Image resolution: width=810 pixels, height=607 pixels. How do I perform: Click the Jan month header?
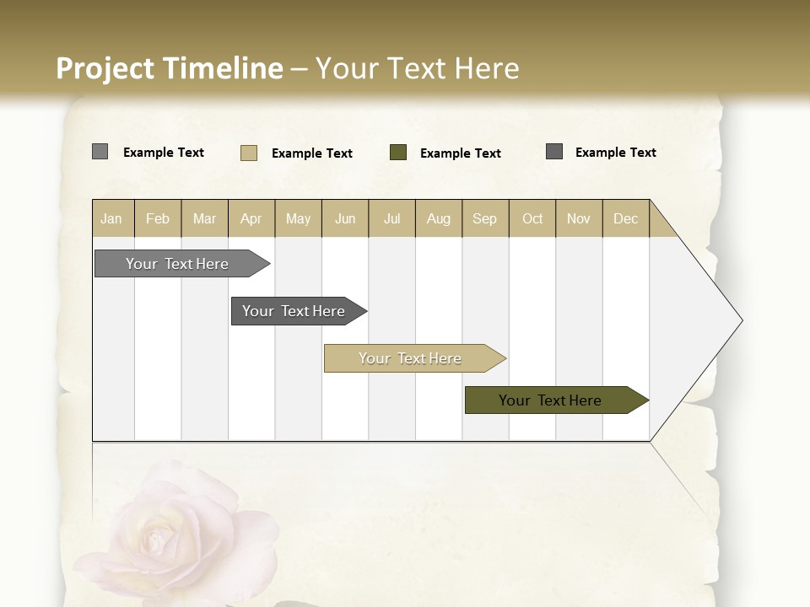[112, 218]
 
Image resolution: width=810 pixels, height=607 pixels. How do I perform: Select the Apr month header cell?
[251, 218]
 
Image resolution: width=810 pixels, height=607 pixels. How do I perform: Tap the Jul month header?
[391, 218]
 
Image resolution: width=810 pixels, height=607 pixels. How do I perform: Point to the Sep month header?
[485, 218]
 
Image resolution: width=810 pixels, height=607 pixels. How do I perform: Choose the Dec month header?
[625, 218]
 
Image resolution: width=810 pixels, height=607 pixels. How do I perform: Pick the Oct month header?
[532, 218]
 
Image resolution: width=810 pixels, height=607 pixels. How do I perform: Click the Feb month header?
[158, 218]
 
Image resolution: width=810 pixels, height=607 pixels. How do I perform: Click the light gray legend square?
[100, 152]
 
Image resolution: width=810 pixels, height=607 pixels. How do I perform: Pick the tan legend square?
[249, 153]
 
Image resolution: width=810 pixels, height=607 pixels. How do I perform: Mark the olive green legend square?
[398, 153]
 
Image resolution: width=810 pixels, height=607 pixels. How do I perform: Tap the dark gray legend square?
[554, 152]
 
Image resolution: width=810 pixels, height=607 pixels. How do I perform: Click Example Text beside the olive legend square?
[460, 153]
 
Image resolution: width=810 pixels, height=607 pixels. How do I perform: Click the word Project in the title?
[105, 68]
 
